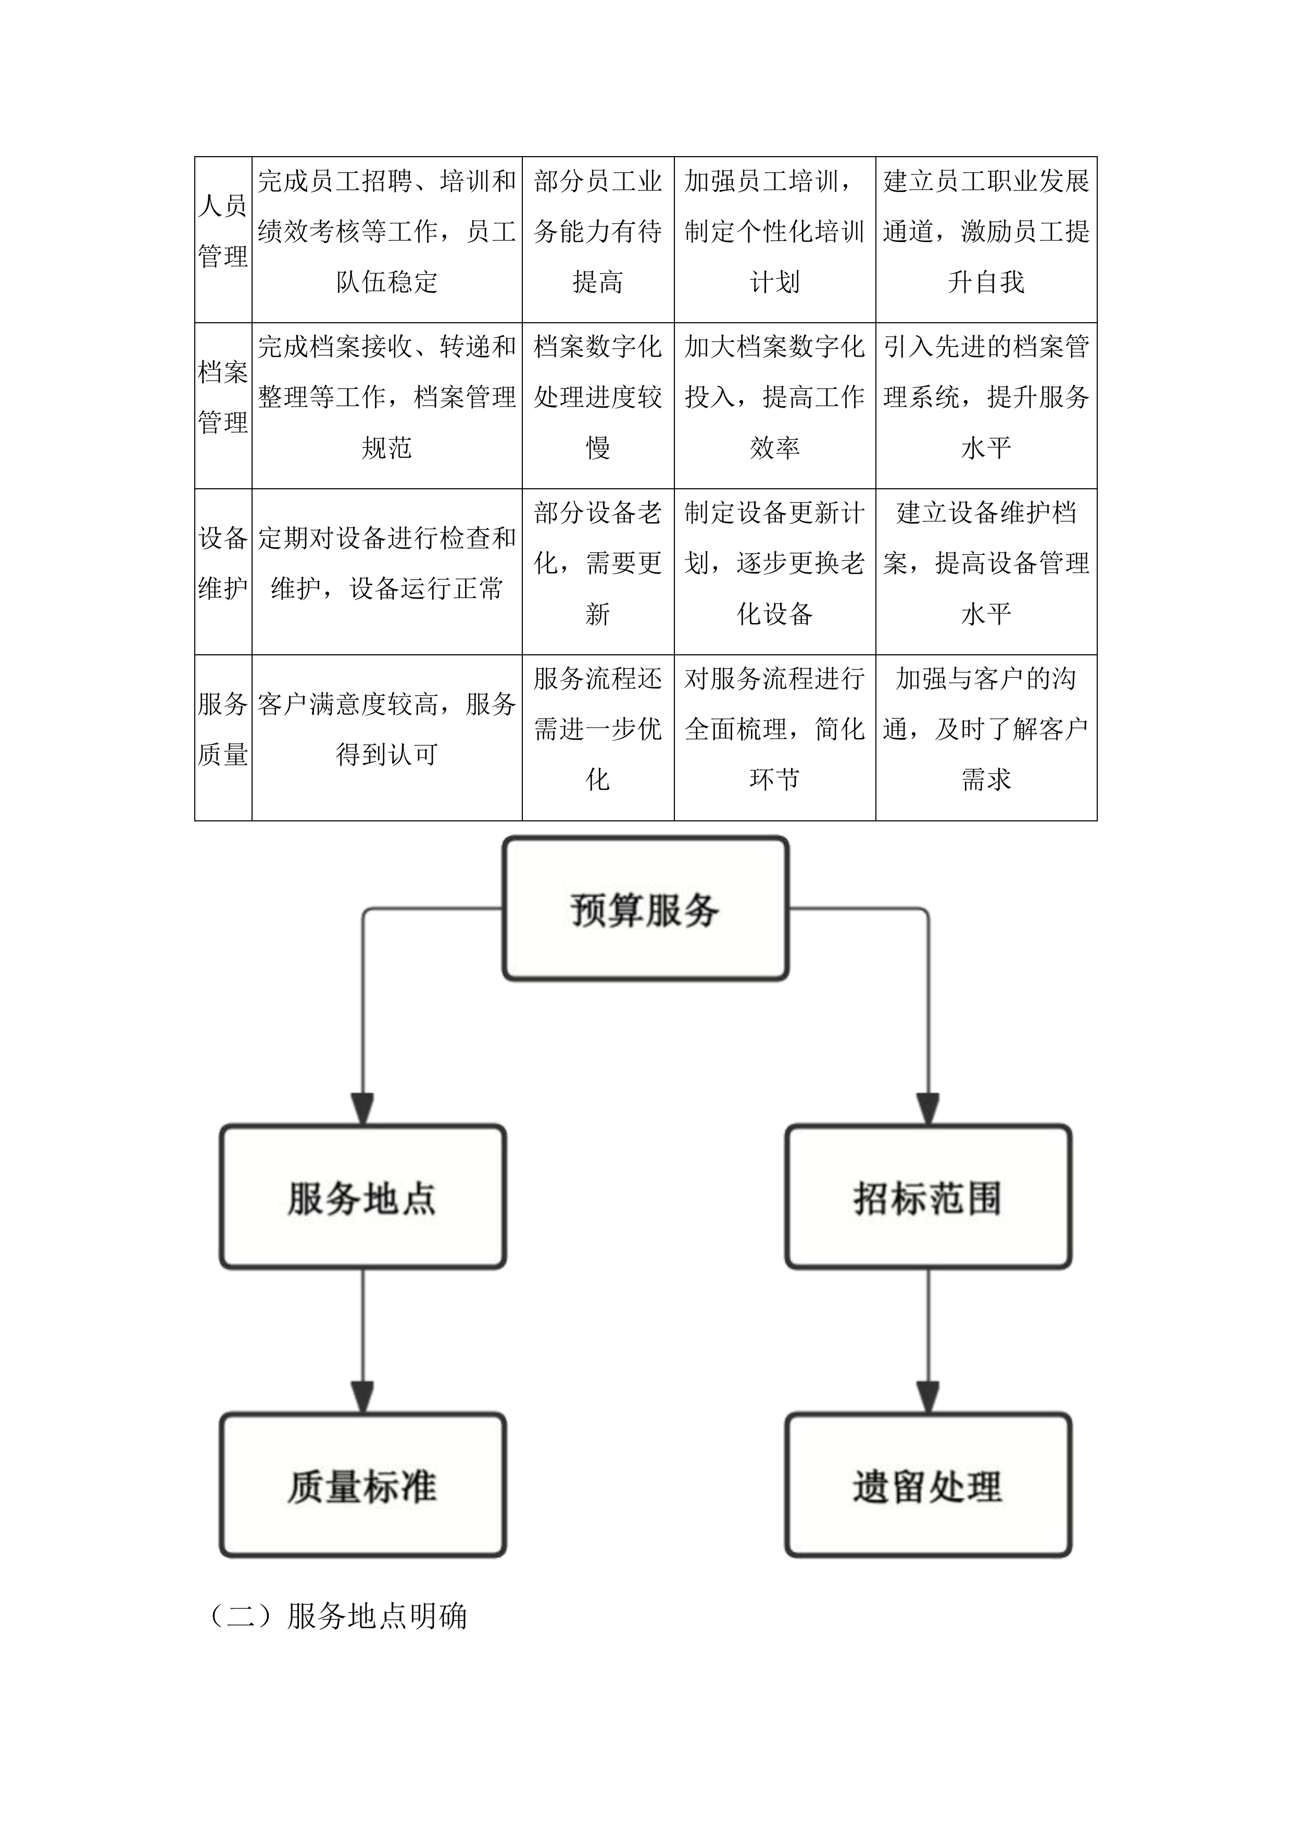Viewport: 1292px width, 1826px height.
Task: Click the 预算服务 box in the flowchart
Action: pos(645,908)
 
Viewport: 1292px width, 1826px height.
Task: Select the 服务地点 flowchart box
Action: pos(363,1197)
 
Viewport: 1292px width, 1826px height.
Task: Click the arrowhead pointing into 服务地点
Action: pos(363,1108)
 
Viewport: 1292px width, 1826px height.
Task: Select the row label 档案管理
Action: pos(223,397)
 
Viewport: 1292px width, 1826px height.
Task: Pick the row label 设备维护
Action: pos(223,563)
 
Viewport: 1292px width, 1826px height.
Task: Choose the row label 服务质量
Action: pos(223,729)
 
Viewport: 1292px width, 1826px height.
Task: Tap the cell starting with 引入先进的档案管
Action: pos(986,397)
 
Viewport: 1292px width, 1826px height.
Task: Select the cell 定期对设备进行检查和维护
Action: pos(386,563)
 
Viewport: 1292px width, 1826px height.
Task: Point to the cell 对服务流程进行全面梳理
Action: pos(774,729)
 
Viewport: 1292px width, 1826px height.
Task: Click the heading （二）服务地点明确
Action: pos(337,1616)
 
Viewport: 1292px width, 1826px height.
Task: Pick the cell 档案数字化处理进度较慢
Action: pos(597,397)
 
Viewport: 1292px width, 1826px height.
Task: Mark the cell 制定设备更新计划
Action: pos(774,563)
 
